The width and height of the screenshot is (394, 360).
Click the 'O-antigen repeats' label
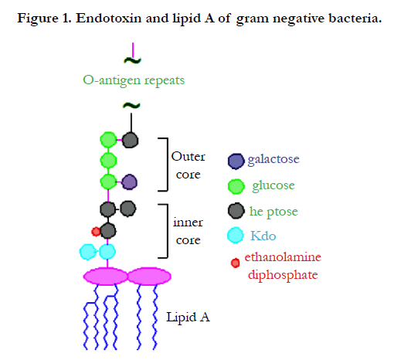tap(134, 80)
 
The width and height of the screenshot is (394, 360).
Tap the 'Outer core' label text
tap(189, 165)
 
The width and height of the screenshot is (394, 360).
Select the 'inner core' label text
tap(188, 231)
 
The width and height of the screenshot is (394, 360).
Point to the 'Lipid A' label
tap(188, 317)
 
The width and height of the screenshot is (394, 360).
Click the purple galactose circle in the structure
tap(129, 182)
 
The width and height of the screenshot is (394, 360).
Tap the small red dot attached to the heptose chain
tap(96, 232)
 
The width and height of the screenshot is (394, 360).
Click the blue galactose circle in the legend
tap(236, 161)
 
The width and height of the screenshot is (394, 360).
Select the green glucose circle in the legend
tap(236, 186)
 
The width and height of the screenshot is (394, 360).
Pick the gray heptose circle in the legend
tap(236, 211)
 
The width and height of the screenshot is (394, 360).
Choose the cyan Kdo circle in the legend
tap(236, 235)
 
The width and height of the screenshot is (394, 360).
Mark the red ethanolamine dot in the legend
tap(235, 263)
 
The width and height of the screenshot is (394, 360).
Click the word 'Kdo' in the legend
tap(263, 236)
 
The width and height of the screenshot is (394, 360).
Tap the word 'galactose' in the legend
tap(273, 159)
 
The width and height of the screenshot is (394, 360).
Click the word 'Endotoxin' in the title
tap(109, 19)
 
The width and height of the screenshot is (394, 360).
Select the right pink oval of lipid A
tap(150, 277)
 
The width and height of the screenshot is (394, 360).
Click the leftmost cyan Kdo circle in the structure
tap(87, 252)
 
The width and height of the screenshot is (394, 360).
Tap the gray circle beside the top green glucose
tap(130, 141)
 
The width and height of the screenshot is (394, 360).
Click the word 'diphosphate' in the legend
tap(283, 275)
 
